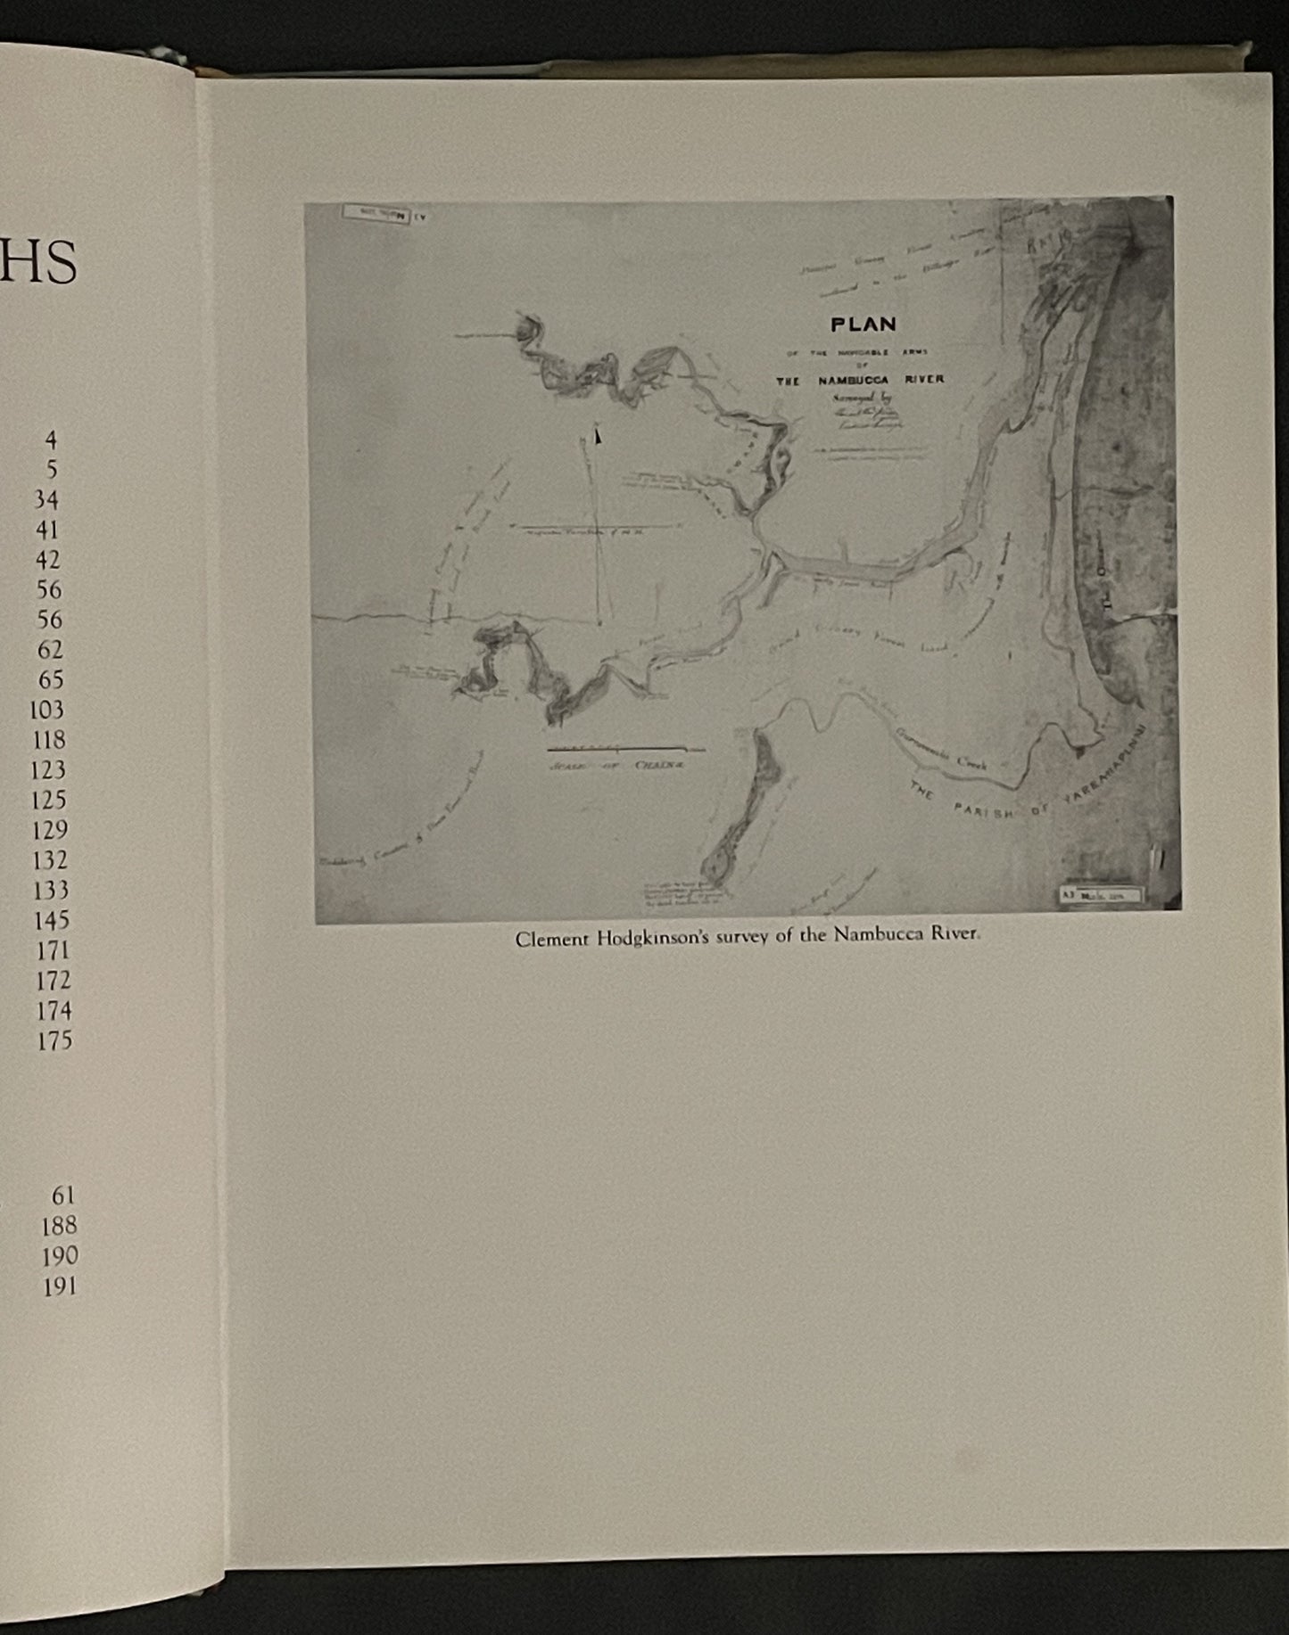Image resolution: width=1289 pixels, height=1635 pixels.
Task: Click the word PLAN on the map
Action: click(863, 325)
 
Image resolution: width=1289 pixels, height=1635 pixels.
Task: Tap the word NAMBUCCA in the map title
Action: click(853, 380)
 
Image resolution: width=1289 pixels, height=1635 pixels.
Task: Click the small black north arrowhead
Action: click(598, 436)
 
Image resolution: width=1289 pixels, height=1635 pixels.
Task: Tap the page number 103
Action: click(46, 711)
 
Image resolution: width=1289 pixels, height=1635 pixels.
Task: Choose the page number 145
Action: click(51, 920)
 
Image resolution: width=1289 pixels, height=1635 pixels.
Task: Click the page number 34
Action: click(46, 500)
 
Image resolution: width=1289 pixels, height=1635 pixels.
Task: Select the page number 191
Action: click(60, 1286)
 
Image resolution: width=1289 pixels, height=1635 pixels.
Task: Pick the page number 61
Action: click(63, 1195)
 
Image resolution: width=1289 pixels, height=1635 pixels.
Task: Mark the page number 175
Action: click(54, 1040)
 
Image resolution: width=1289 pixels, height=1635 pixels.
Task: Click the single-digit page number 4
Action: click(51, 440)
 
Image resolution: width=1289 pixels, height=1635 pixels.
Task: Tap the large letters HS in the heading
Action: click(39, 264)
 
